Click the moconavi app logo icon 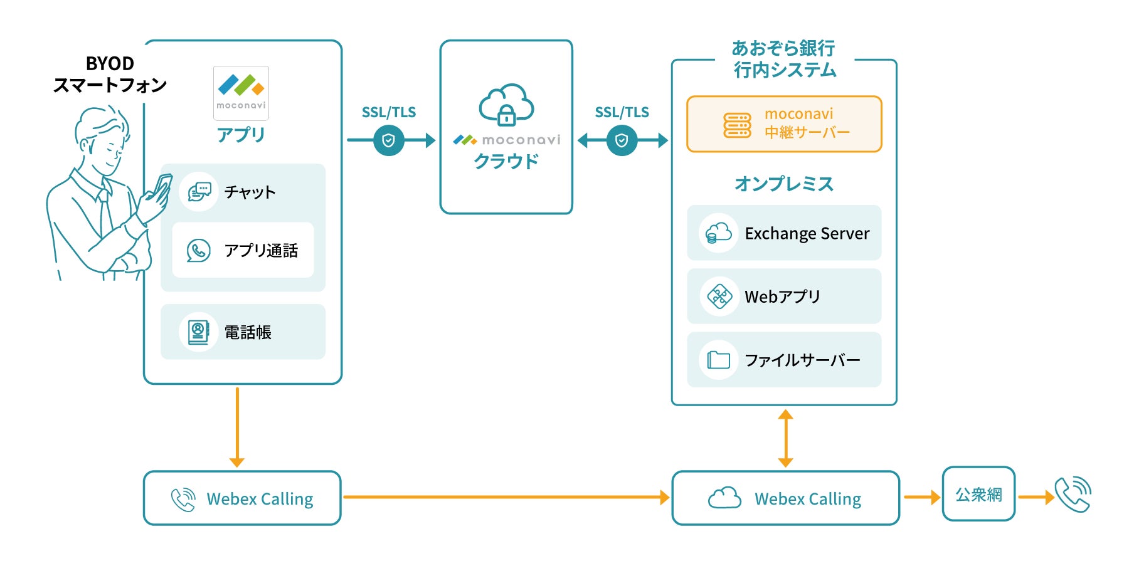(241, 93)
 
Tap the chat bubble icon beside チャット (199, 192)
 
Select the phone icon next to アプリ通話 (198, 250)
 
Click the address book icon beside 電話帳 (198, 332)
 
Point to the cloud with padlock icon (506, 105)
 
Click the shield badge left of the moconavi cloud (389, 140)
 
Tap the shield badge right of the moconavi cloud (622, 140)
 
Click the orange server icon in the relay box (737, 125)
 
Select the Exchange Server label (807, 233)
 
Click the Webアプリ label (782, 296)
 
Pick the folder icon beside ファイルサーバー (719, 360)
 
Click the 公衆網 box (978, 494)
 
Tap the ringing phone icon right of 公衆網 (1073, 495)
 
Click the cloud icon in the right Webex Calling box (724, 498)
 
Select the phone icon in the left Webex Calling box (183, 499)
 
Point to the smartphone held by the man (162, 186)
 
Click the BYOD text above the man (110, 63)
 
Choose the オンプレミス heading (784, 184)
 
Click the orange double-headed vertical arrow (785, 439)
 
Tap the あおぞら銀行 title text (783, 48)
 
